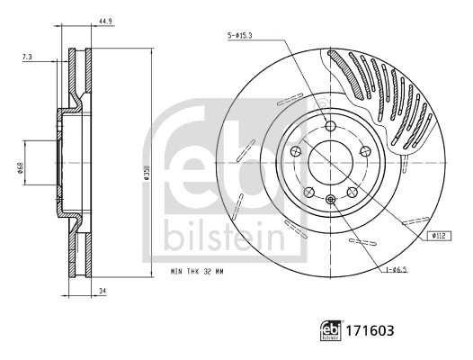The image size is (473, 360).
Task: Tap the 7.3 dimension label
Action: point(29,58)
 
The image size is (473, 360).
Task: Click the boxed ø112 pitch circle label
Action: point(439,235)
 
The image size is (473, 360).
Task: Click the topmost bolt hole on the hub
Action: point(329,126)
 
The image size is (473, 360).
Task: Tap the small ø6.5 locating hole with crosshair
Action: point(330,199)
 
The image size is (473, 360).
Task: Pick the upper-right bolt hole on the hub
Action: point(364,151)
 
